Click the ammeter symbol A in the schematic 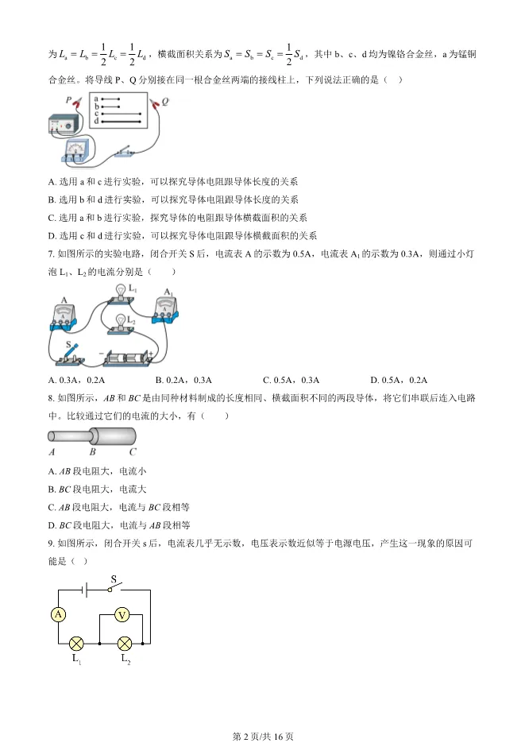pyautogui.click(x=57, y=614)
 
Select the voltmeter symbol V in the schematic pyautogui.click(x=122, y=614)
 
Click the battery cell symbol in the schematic pyautogui.click(x=87, y=590)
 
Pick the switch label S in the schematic pyautogui.click(x=113, y=579)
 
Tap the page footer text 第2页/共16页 pyautogui.click(x=262, y=736)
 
